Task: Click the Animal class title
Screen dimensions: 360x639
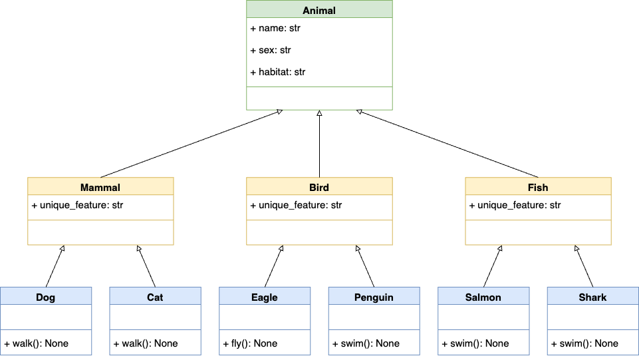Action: (x=319, y=10)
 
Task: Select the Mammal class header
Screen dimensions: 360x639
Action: (x=100, y=187)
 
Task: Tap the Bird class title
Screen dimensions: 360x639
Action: (x=319, y=187)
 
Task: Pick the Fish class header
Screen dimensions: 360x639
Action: (x=538, y=187)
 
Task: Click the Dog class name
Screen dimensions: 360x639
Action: (x=46, y=297)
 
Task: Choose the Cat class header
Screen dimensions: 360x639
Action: (x=155, y=297)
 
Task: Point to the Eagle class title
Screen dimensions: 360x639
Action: (x=265, y=297)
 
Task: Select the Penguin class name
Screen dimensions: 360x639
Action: (x=374, y=297)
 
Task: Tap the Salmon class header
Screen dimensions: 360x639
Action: (x=483, y=297)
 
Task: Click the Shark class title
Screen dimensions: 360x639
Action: (x=592, y=297)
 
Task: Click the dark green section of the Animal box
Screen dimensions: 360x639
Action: (x=319, y=98)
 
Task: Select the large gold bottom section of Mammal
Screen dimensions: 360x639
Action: (x=100, y=232)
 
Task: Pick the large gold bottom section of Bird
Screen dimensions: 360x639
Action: (x=319, y=232)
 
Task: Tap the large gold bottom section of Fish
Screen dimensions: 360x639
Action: (x=538, y=232)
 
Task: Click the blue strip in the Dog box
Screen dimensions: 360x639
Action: (x=46, y=334)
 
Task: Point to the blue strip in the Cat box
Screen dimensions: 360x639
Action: (x=155, y=334)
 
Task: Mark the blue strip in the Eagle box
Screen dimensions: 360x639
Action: (x=265, y=334)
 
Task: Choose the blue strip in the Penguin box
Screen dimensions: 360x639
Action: (x=374, y=334)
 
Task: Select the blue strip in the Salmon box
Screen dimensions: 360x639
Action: (x=483, y=334)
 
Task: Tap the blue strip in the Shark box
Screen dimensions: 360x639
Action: (x=592, y=334)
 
